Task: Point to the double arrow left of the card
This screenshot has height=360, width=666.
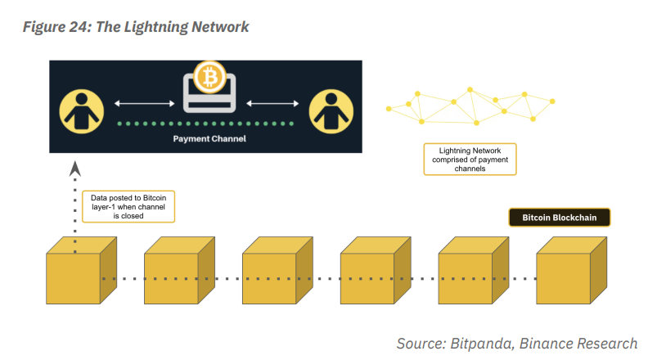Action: [x=145, y=103]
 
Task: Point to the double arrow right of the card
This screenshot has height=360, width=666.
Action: [x=272, y=103]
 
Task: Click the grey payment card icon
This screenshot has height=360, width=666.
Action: [x=208, y=98]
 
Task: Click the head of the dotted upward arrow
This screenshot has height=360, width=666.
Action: [x=75, y=168]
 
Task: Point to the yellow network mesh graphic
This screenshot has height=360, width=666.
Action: [x=470, y=104]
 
